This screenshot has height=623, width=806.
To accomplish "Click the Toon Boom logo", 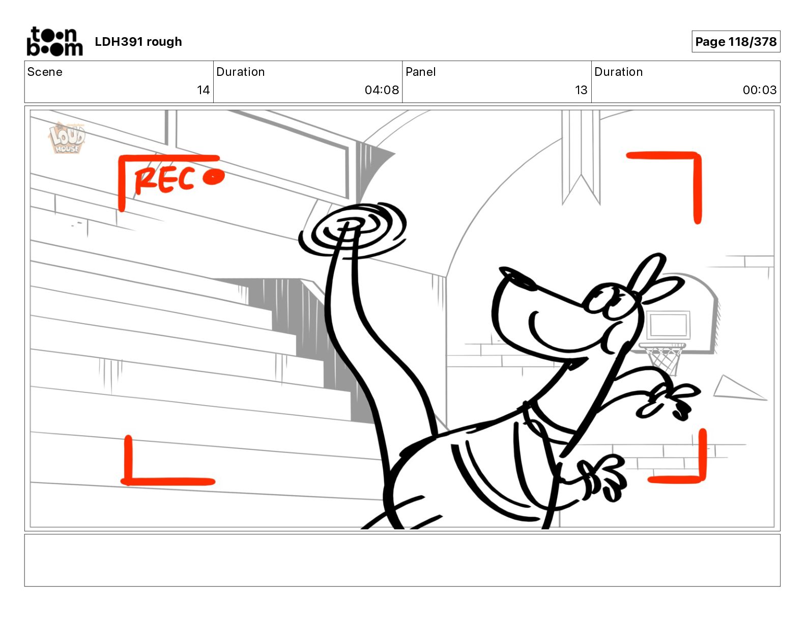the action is pyautogui.click(x=54, y=41).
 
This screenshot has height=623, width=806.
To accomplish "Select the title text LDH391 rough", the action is pyautogui.click(x=138, y=42).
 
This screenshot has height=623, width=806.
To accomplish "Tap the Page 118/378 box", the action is pyautogui.click(x=735, y=42).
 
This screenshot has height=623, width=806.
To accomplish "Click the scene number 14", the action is pyautogui.click(x=203, y=90).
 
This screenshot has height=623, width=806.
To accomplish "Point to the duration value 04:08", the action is pyautogui.click(x=382, y=90).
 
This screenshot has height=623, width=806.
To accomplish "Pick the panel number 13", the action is pyautogui.click(x=581, y=90).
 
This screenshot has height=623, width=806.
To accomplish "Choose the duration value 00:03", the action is pyautogui.click(x=759, y=90).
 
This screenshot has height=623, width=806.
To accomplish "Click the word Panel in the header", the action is pyautogui.click(x=420, y=72).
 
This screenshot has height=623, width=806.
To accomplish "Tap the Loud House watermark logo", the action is pyautogui.click(x=66, y=138).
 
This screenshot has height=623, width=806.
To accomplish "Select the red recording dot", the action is pyautogui.click(x=213, y=177).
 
